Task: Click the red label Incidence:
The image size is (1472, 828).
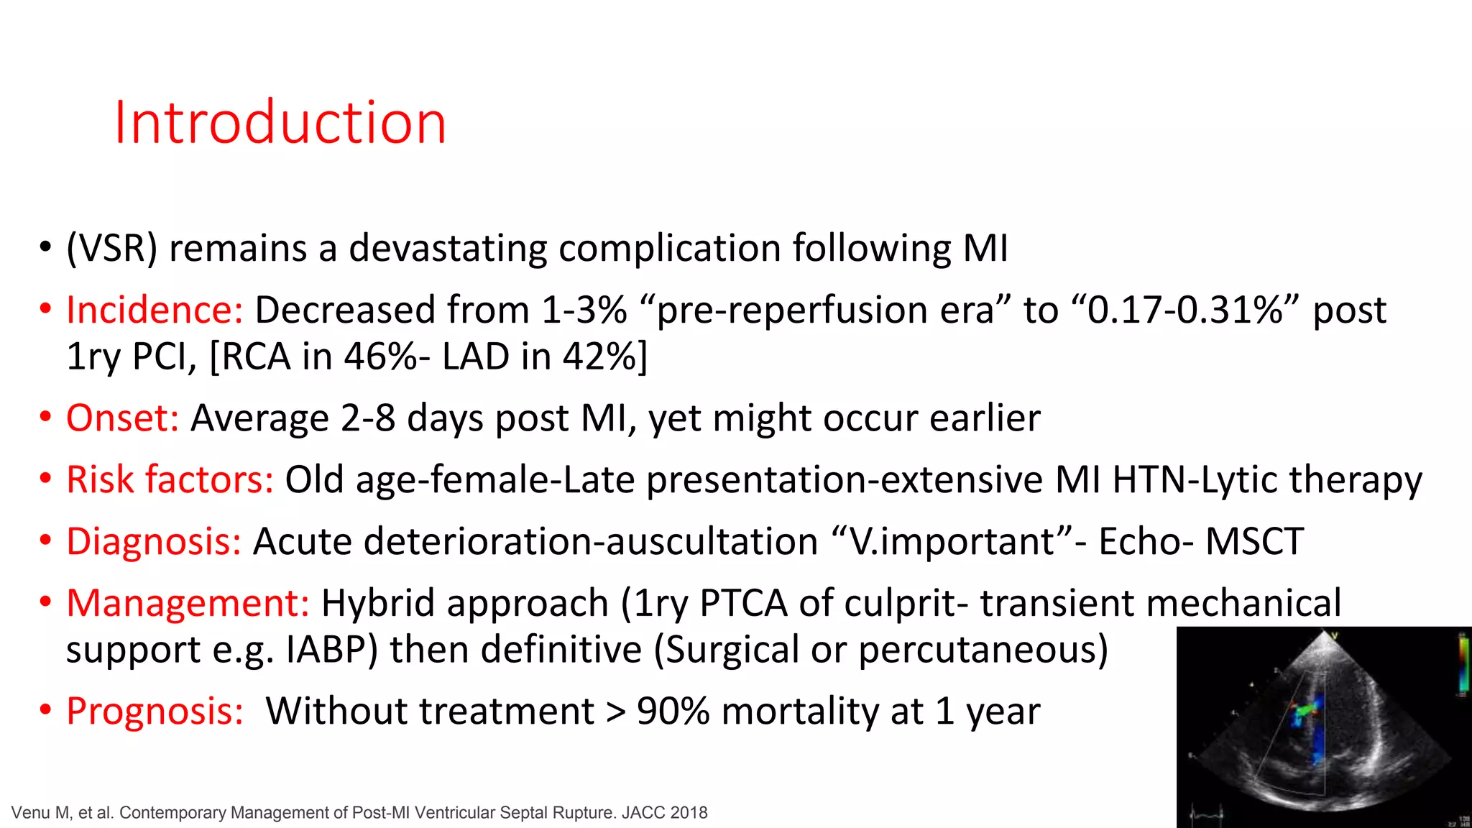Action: click(x=155, y=310)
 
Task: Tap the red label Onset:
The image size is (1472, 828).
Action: click(x=122, y=418)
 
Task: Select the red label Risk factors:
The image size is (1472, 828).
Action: click(x=170, y=479)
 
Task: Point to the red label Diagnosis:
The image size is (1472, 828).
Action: click(x=154, y=541)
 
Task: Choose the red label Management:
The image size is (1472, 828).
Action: click(x=188, y=603)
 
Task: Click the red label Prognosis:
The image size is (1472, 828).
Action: click(x=155, y=711)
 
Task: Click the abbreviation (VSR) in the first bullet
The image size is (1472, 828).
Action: click(x=111, y=249)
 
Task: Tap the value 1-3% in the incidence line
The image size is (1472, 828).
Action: click(x=584, y=310)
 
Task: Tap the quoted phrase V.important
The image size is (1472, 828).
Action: click(x=952, y=541)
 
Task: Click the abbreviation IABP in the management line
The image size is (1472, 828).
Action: click(x=331, y=650)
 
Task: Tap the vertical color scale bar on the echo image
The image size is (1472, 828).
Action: click(x=1462, y=665)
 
